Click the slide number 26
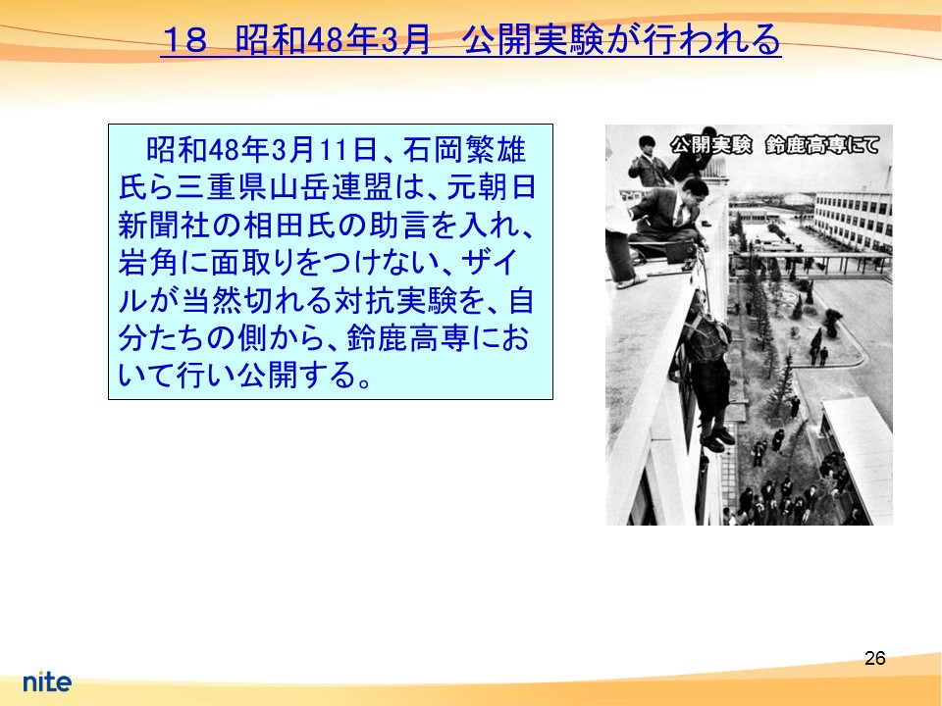click(874, 659)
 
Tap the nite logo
click(47, 681)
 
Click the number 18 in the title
click(185, 39)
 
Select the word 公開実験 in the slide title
click(533, 39)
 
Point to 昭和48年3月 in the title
click(333, 39)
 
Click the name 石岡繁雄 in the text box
click(464, 150)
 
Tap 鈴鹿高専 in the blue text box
click(408, 338)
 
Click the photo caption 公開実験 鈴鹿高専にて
click(775, 145)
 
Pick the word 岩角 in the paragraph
click(148, 263)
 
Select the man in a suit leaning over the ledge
click(668, 215)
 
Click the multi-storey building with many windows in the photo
click(853, 222)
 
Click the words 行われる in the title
click(712, 39)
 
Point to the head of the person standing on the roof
click(647, 145)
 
